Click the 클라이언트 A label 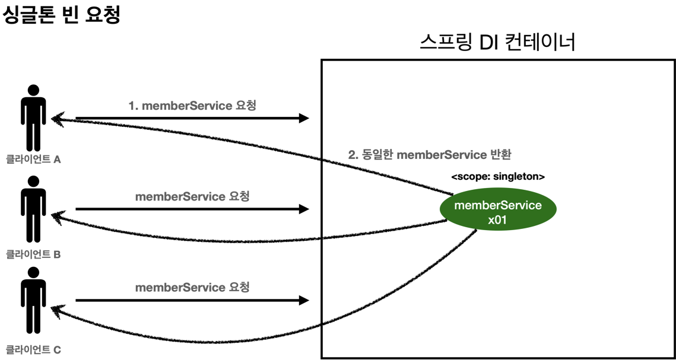coord(33,160)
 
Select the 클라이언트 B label coord(33,254)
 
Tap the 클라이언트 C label coord(33,350)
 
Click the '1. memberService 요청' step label coord(192,106)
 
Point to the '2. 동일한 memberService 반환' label coord(430,155)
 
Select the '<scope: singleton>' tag coord(498,177)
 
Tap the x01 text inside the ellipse coord(497,220)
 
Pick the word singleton coord(519,177)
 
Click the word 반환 coord(499,155)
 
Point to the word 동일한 coord(377,155)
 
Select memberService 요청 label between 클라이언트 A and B coord(192,196)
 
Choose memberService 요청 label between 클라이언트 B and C coord(192,288)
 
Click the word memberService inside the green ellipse coord(497,205)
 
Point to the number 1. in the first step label coord(134,106)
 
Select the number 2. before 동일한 coord(353,155)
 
